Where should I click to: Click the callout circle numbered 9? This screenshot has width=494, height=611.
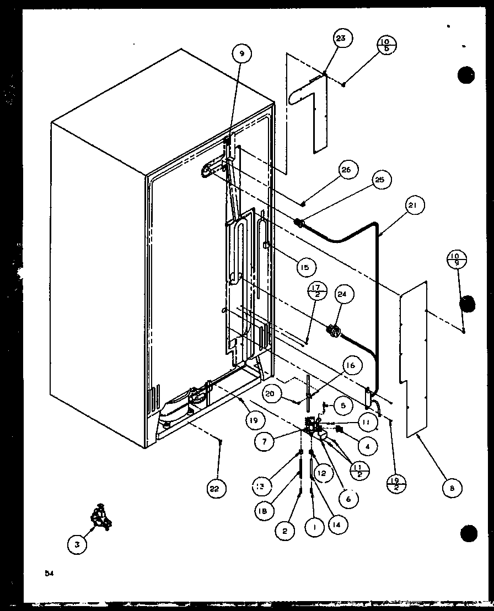tap(241, 53)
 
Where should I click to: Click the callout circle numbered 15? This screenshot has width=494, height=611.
tap(304, 268)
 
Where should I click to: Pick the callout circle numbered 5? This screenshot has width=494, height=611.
tap(342, 405)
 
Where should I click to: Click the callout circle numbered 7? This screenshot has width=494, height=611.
tap(265, 441)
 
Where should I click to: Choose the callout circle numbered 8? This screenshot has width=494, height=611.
tap(452, 487)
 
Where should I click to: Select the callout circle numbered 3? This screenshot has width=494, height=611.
tap(78, 544)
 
